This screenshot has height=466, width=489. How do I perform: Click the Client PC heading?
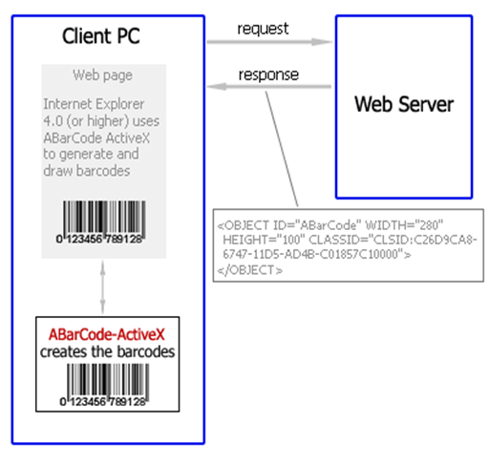click(101, 35)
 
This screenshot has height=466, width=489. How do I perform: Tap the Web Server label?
click(404, 104)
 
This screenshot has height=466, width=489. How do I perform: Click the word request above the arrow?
click(263, 29)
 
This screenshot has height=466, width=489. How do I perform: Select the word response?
click(268, 75)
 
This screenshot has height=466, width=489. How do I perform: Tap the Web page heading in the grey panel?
click(102, 75)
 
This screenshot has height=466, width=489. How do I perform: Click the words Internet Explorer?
click(94, 104)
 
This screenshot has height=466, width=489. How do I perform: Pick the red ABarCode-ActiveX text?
click(107, 334)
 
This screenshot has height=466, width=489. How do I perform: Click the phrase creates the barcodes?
click(108, 352)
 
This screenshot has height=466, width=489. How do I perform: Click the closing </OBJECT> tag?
click(250, 270)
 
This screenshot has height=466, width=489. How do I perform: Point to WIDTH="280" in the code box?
click(404, 225)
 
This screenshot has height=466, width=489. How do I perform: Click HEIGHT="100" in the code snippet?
click(264, 240)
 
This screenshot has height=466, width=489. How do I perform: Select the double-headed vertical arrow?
click(102, 287)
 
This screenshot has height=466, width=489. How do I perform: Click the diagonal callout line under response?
click(282, 149)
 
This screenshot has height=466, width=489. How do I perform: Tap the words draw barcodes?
click(87, 171)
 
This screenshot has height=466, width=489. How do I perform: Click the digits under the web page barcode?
click(99, 239)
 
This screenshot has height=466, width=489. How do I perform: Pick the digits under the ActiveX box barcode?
click(103, 402)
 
